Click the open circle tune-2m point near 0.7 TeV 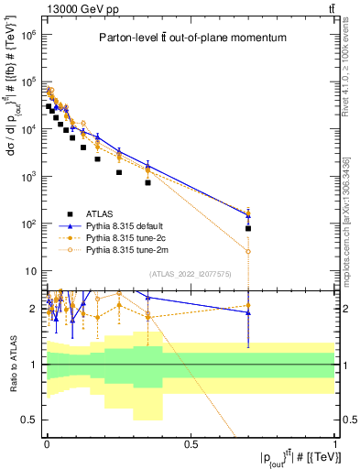click(248, 251)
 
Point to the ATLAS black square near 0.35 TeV click(147, 182)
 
